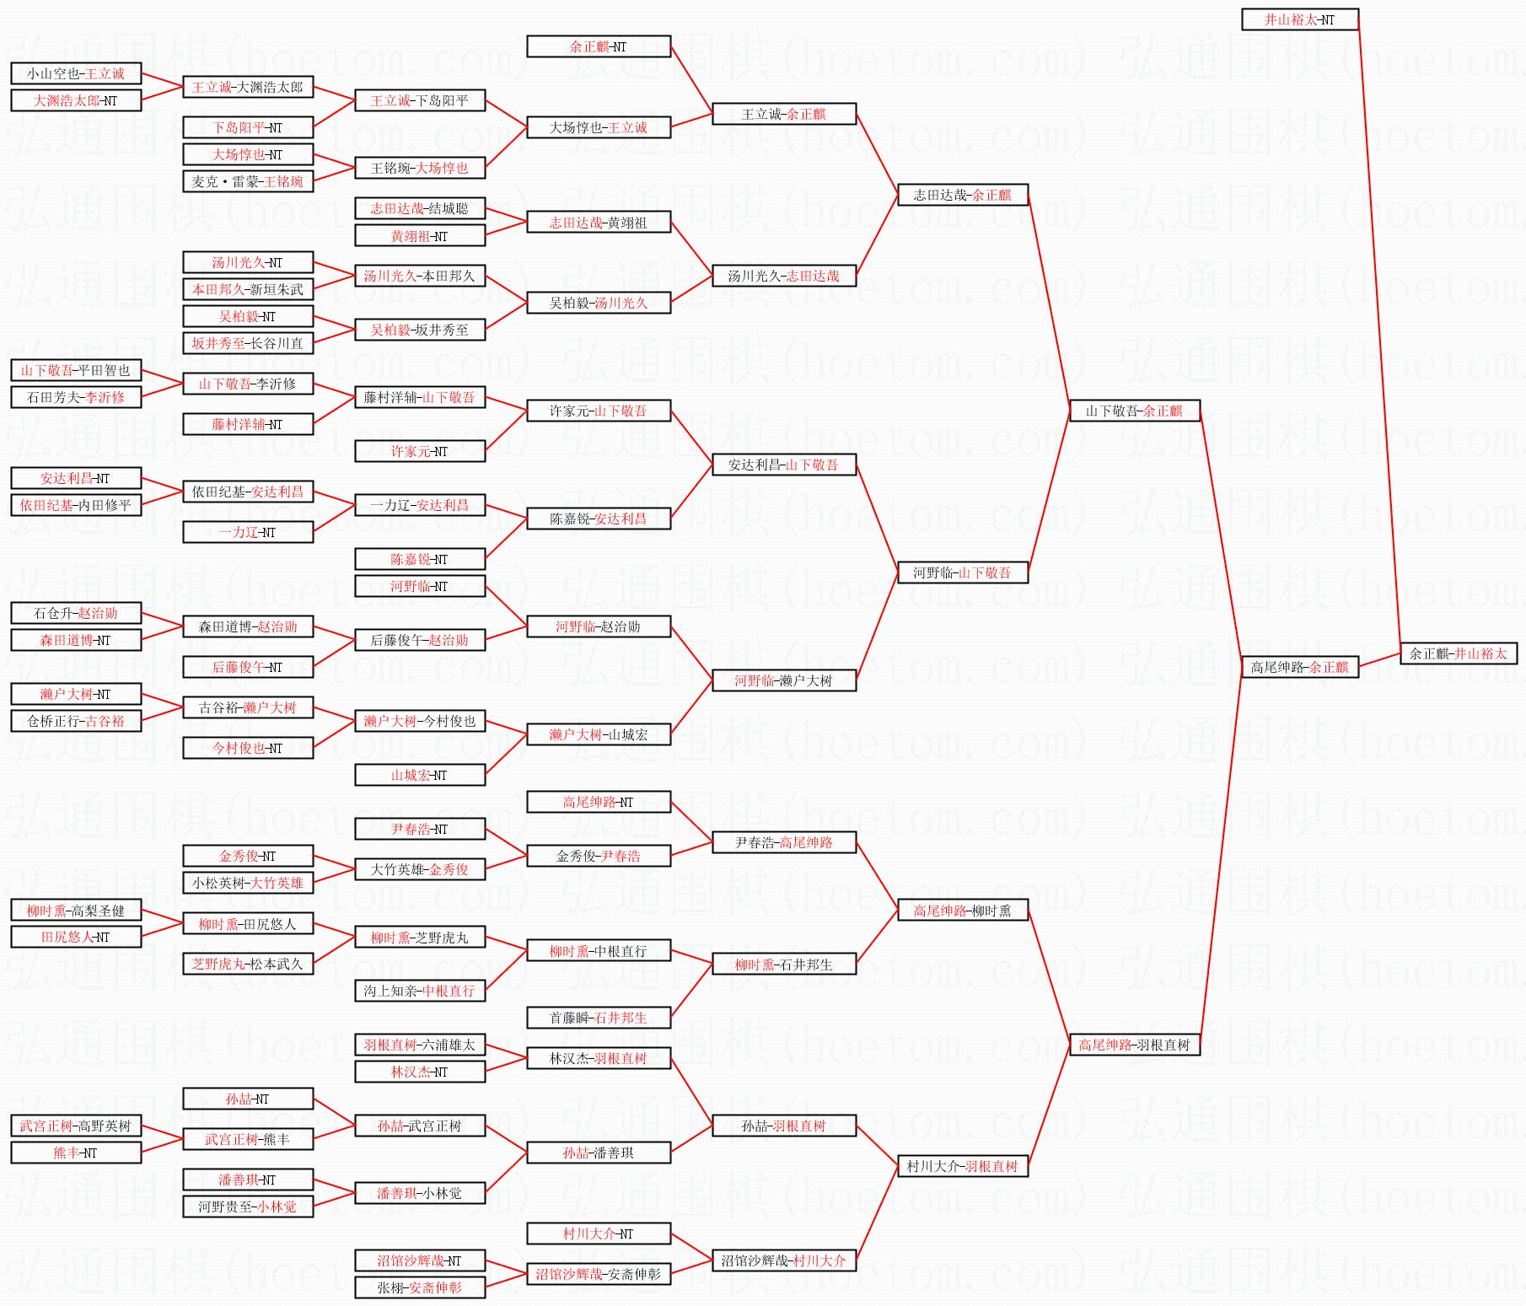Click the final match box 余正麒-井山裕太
[1459, 653]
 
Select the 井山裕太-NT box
[1299, 19]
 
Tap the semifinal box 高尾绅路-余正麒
[1299, 667]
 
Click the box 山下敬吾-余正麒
[1134, 411]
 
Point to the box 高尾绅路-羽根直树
[1134, 1045]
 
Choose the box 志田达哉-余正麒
[962, 195]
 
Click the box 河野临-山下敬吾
[962, 572]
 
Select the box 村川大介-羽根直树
[962, 1166]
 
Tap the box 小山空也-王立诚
[76, 73]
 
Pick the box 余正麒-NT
[598, 46]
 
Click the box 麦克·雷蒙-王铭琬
[247, 181]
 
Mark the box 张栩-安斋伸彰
[419, 1287]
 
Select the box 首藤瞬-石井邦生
[598, 1018]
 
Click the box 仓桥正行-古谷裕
[76, 721]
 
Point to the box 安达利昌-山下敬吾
[783, 465]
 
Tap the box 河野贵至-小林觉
[247, 1207]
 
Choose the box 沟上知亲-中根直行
[419, 991]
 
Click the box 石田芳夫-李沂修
[76, 397]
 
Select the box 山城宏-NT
[419, 775]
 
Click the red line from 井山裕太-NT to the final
[1379, 337]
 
